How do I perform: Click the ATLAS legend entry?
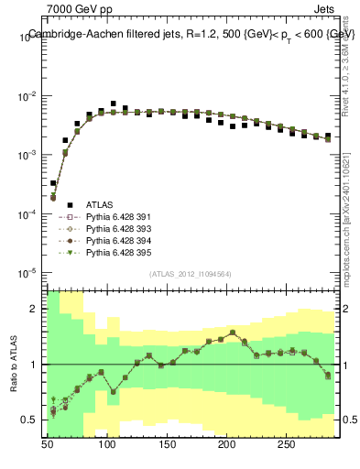(x=99, y=204)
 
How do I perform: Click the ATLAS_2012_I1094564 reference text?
(x=191, y=274)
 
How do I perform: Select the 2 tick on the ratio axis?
(x=37, y=309)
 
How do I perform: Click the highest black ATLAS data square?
(x=113, y=104)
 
